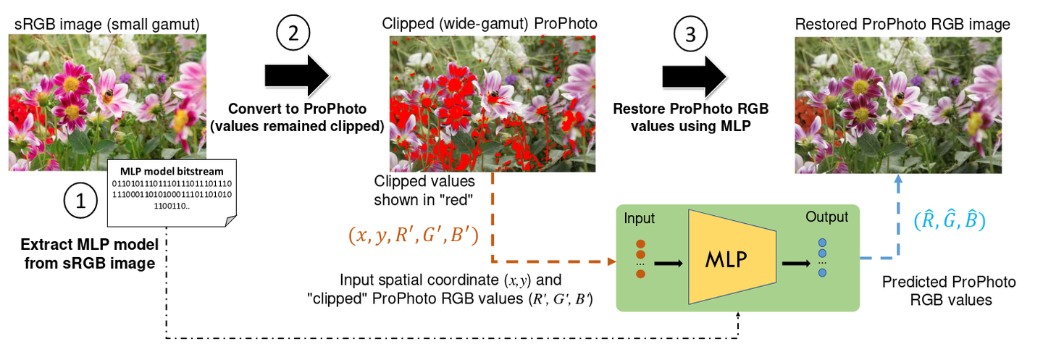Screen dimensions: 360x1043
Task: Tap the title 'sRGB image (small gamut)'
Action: (106, 25)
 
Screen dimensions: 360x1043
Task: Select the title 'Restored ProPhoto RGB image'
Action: (902, 25)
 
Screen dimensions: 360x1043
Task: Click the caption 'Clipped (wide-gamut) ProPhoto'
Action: (490, 24)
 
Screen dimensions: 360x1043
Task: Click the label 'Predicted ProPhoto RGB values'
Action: (948, 290)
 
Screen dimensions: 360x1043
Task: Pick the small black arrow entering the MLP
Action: (667, 262)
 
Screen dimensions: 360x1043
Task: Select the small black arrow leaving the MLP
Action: (795, 261)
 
